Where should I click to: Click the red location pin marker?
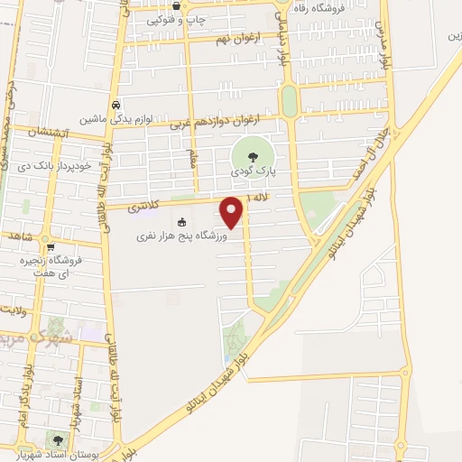point(233,213)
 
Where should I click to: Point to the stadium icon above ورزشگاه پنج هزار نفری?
point(181,222)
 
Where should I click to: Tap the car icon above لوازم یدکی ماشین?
point(115,104)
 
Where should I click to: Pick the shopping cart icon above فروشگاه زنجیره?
point(52,246)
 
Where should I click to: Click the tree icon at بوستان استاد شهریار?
point(58,439)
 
